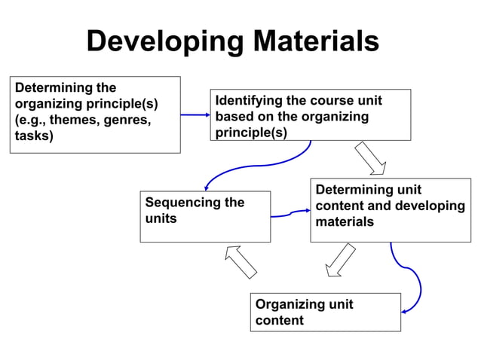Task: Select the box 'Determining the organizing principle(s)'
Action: pos(95,114)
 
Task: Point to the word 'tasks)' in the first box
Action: pos(35,136)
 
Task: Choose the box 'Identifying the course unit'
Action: pos(310,115)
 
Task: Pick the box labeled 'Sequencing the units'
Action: pos(204,217)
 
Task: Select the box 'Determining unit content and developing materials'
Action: pos(390,210)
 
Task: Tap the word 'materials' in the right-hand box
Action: pos(345,222)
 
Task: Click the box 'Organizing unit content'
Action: pos(325,312)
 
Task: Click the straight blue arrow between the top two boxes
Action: pos(195,115)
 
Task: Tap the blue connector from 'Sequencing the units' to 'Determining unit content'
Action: pos(290,215)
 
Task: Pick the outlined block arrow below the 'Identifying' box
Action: pos(370,157)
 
